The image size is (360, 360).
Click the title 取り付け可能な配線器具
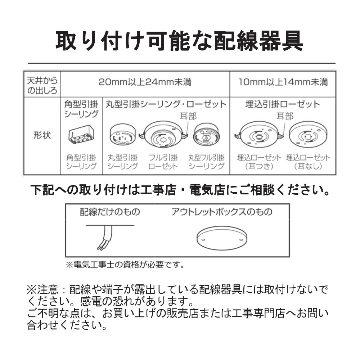[x=180, y=41]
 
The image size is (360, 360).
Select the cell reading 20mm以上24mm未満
[x=145, y=82]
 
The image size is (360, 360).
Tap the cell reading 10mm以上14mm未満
[x=283, y=82]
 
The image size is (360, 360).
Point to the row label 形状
[x=42, y=135]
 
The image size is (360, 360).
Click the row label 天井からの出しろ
[x=42, y=85]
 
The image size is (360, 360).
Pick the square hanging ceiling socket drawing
[x=81, y=135]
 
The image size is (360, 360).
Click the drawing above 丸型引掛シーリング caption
[x=123, y=135]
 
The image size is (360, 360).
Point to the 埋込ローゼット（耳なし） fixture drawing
[x=308, y=135]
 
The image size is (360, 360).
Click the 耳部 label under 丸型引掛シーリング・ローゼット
[x=188, y=116]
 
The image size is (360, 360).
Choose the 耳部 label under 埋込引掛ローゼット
[x=285, y=116]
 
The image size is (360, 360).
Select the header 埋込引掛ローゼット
[x=283, y=104]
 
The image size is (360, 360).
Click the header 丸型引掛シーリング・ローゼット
[x=166, y=104]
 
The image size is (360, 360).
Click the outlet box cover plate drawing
[x=222, y=238]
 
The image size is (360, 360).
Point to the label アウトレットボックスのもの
[x=222, y=212]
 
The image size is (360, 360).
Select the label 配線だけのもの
[x=110, y=212]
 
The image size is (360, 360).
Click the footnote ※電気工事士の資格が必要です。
[x=125, y=265]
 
